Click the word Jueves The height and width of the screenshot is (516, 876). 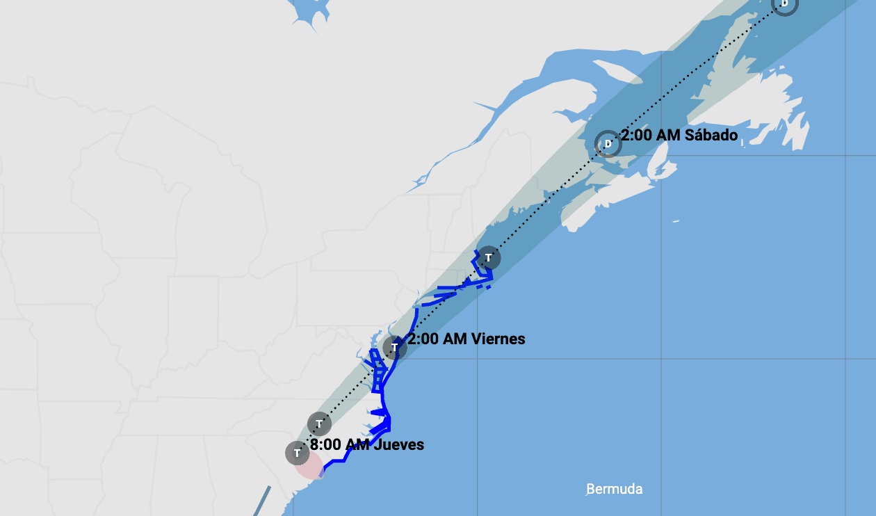click(x=398, y=444)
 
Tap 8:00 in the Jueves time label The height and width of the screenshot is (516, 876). click(x=325, y=444)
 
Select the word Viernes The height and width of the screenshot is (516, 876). click(x=498, y=339)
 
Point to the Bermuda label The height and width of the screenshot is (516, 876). click(x=615, y=489)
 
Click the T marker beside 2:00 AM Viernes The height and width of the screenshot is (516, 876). click(x=394, y=347)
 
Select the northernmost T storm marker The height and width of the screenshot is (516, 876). click(x=489, y=258)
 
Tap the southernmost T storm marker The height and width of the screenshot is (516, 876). click(x=297, y=453)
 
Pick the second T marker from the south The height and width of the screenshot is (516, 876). click(x=319, y=423)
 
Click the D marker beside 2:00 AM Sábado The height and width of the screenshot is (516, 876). click(x=608, y=144)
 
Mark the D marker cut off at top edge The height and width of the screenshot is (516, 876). click(x=784, y=4)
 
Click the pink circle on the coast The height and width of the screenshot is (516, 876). click(x=309, y=465)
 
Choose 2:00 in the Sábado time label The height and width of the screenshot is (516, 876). click(x=636, y=135)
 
